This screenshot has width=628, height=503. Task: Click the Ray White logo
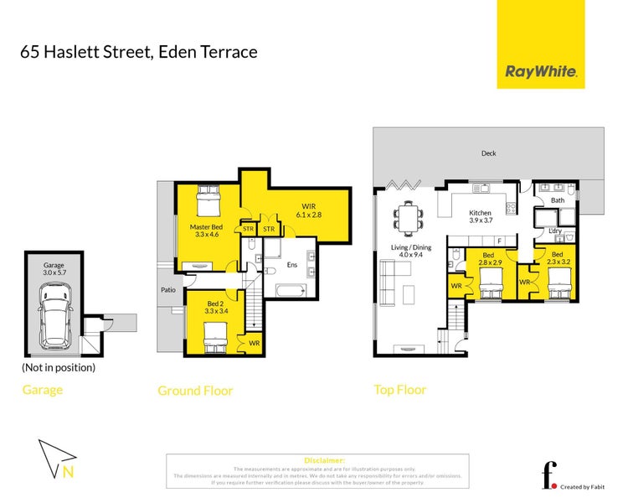541,72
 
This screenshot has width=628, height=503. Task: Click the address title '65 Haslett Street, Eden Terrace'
138,52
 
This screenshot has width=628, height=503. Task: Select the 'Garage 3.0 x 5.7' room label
54,268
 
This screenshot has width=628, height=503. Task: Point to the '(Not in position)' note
59,367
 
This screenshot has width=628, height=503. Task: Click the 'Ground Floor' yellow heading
195,390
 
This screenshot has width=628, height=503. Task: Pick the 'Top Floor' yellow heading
399,389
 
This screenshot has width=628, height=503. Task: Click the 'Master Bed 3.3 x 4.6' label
206,231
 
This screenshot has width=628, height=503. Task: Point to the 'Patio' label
168,291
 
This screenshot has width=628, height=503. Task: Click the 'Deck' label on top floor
488,153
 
